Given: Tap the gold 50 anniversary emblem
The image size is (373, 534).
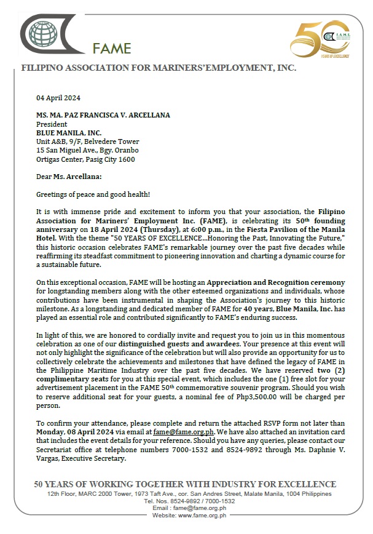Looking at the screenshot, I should click(x=319, y=38).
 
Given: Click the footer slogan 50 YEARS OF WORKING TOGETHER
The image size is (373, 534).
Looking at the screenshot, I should click(x=185, y=484).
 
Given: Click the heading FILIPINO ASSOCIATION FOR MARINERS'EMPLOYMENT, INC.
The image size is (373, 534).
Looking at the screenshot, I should click(x=159, y=68).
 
